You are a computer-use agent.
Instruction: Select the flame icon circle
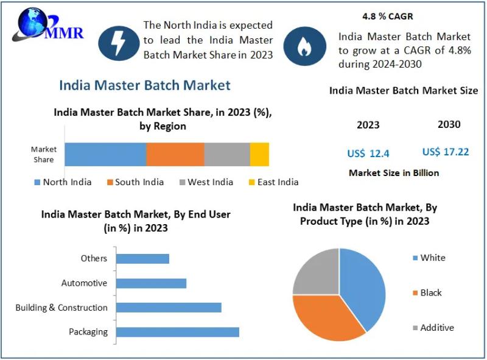[303, 45]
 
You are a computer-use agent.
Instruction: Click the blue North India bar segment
[105, 154]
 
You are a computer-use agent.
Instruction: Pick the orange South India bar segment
[175, 154]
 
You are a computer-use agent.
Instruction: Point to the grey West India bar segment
[226, 154]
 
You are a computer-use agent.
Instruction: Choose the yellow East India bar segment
[259, 154]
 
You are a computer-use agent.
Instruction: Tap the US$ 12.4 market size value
[368, 153]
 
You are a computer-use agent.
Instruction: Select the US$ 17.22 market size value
[446, 152]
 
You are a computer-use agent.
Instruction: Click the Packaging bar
[177, 332]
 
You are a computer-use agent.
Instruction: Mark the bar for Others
[142, 259]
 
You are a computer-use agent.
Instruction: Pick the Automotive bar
[151, 283]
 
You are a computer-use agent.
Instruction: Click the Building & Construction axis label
[61, 308]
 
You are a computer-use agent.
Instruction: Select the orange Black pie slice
[326, 317]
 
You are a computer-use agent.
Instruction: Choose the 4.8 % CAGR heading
[387, 16]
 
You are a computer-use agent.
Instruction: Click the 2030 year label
[449, 124]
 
